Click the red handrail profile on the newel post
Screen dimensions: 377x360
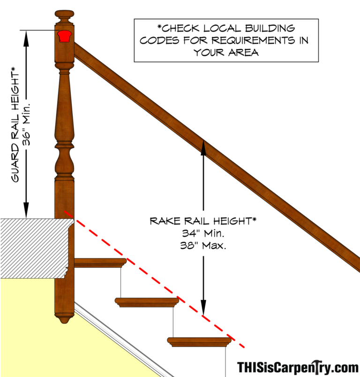pyautogui.click(x=64, y=36)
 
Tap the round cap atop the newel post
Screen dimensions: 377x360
pyautogui.click(x=64, y=14)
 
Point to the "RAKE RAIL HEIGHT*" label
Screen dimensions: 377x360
pyautogui.click(x=203, y=221)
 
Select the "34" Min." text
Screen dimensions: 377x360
pyautogui.click(x=203, y=233)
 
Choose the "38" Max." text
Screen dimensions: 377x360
pyautogui.click(x=203, y=245)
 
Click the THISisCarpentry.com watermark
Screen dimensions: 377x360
pyautogui.click(x=298, y=366)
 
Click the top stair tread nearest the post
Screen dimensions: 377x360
pyautogui.click(x=100, y=263)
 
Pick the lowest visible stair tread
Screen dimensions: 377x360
pyautogui.click(x=200, y=342)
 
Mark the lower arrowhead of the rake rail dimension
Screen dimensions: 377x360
pyautogui.click(x=203, y=310)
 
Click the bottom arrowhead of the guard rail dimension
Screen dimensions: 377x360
pyautogui.click(x=26, y=213)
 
